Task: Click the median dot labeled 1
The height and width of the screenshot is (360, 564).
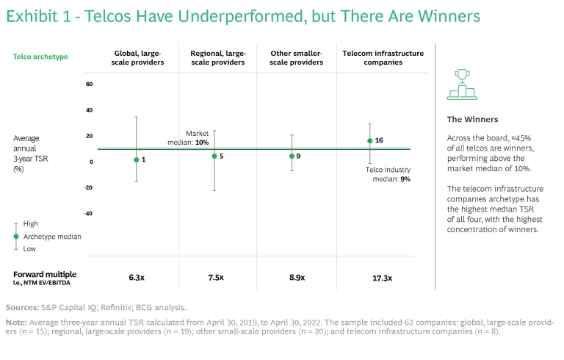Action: click(x=136, y=159)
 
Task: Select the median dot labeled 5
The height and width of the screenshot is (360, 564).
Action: click(x=214, y=156)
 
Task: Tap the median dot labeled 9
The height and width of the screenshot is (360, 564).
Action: click(x=292, y=156)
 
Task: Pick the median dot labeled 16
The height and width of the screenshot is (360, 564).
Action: click(x=369, y=140)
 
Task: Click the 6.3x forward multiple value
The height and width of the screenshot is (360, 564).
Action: click(x=136, y=278)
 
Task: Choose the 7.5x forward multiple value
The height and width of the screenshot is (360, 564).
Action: click(x=214, y=278)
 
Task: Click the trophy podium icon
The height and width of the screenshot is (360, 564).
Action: click(x=462, y=84)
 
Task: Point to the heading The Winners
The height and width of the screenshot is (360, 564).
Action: click(x=472, y=119)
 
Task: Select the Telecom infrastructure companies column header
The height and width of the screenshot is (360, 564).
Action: click(x=373, y=58)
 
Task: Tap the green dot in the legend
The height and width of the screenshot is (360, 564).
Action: click(x=16, y=236)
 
